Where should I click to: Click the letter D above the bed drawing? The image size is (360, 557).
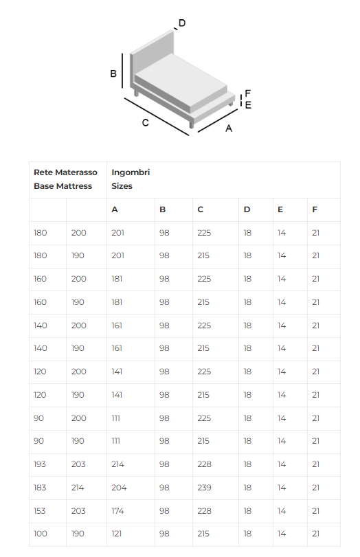[182, 23]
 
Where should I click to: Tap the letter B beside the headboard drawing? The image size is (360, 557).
[113, 73]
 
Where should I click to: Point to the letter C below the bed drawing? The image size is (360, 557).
[146, 122]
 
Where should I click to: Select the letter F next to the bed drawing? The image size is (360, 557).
[248, 93]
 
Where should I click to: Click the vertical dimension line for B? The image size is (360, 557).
[122, 71]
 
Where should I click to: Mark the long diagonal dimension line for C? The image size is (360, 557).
[157, 117]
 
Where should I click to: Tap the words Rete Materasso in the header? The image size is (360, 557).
[65, 172]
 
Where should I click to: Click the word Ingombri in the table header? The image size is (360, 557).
[131, 172]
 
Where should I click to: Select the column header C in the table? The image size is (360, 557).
[201, 209]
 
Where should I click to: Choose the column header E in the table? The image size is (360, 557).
[280, 209]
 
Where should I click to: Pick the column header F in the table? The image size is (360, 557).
[315, 209]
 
